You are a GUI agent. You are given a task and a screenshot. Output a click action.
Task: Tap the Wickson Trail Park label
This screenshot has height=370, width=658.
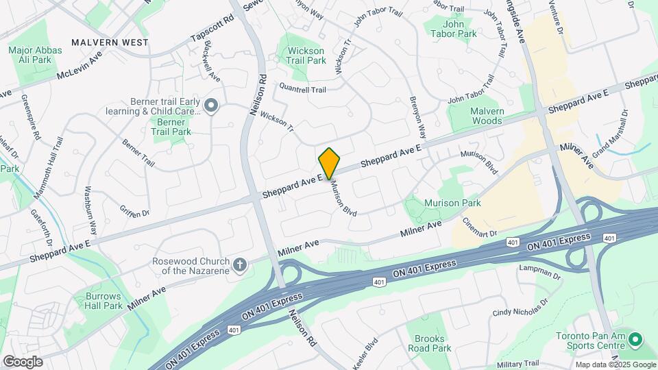pos(306,56)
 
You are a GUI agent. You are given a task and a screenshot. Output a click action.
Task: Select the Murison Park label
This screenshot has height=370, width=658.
pos(452,203)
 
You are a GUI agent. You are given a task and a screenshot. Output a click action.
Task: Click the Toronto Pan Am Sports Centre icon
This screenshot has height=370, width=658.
pos(635,340)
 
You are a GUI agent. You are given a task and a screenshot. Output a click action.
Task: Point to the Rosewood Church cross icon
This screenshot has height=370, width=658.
pos(239,265)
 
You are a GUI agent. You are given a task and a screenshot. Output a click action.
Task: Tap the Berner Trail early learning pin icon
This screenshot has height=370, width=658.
pos(211,106)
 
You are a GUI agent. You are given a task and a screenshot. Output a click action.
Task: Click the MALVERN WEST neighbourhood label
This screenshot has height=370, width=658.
pos(110,42)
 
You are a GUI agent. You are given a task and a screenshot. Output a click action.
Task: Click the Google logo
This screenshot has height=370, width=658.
pos(22,361)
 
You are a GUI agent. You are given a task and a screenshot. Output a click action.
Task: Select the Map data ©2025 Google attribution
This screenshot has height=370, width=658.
pos(615,365)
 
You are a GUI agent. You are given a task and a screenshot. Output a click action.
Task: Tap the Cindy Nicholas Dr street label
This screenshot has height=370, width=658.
pos(520,308)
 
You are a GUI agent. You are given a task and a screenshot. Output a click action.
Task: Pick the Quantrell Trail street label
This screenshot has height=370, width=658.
pos(302,88)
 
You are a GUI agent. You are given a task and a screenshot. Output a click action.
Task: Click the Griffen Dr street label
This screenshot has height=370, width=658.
pos(134,213)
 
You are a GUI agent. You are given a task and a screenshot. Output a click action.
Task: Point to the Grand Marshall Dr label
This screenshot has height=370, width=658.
pos(610,134)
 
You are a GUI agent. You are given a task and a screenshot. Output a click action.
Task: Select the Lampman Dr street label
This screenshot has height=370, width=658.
pos(540,272)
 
